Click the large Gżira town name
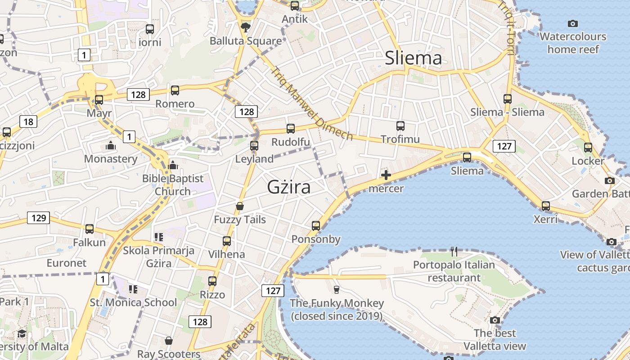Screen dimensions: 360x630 tap(288, 187)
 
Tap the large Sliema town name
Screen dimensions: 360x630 tap(414, 58)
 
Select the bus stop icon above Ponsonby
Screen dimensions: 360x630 tap(316, 225)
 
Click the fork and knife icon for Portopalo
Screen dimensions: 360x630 tap(454, 251)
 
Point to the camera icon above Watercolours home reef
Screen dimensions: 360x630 tap(573, 23)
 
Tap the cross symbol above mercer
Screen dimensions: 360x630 tap(386, 175)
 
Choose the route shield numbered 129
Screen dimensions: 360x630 tap(39, 218)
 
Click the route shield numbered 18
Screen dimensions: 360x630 tap(28, 121)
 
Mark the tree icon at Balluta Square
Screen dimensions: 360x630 tap(246, 28)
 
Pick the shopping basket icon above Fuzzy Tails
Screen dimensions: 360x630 tap(240, 206)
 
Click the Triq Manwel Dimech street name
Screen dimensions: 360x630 tap(311, 103)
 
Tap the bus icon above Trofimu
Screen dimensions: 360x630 tap(400, 126)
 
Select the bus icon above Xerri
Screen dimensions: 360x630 tap(546, 206)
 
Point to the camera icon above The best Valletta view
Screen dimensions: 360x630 tap(495, 320)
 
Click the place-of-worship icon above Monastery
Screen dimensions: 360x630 tap(110, 145)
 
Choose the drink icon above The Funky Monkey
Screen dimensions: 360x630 tap(336, 289)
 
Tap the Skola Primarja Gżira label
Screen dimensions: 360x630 tap(158, 256)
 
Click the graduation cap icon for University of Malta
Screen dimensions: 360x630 tap(22, 333)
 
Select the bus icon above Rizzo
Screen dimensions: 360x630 tap(212, 281)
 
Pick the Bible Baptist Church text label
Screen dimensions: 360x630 tap(173, 185)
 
